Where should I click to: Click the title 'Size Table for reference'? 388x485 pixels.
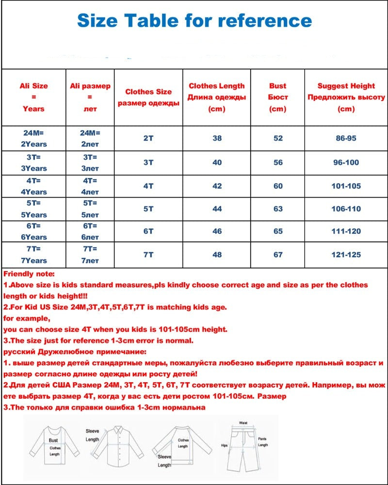[x=194, y=20]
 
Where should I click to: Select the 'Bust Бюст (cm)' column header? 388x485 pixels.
[x=277, y=97]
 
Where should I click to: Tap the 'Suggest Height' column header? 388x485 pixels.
[x=346, y=97]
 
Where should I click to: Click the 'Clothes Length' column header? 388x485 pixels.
[x=217, y=97]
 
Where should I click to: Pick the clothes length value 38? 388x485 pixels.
[x=217, y=138]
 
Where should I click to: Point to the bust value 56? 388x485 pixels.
[x=277, y=162]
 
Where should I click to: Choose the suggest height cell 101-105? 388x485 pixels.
[x=346, y=186]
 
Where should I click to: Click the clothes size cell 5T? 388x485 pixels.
[x=148, y=209]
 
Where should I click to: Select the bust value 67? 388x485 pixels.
[x=277, y=255]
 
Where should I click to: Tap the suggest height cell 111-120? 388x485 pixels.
[x=346, y=231]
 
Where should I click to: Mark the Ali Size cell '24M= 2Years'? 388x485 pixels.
[x=34, y=138]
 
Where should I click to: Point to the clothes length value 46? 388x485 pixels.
[x=217, y=231]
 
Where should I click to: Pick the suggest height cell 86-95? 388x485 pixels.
[x=346, y=138]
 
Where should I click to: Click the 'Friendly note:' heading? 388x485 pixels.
[x=29, y=274]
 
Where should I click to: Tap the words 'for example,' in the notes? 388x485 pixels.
[x=26, y=319]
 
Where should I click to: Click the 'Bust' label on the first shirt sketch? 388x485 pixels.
[x=53, y=440]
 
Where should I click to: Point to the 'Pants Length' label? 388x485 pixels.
[x=262, y=442]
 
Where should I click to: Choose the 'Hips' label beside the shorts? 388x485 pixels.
[x=224, y=444]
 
